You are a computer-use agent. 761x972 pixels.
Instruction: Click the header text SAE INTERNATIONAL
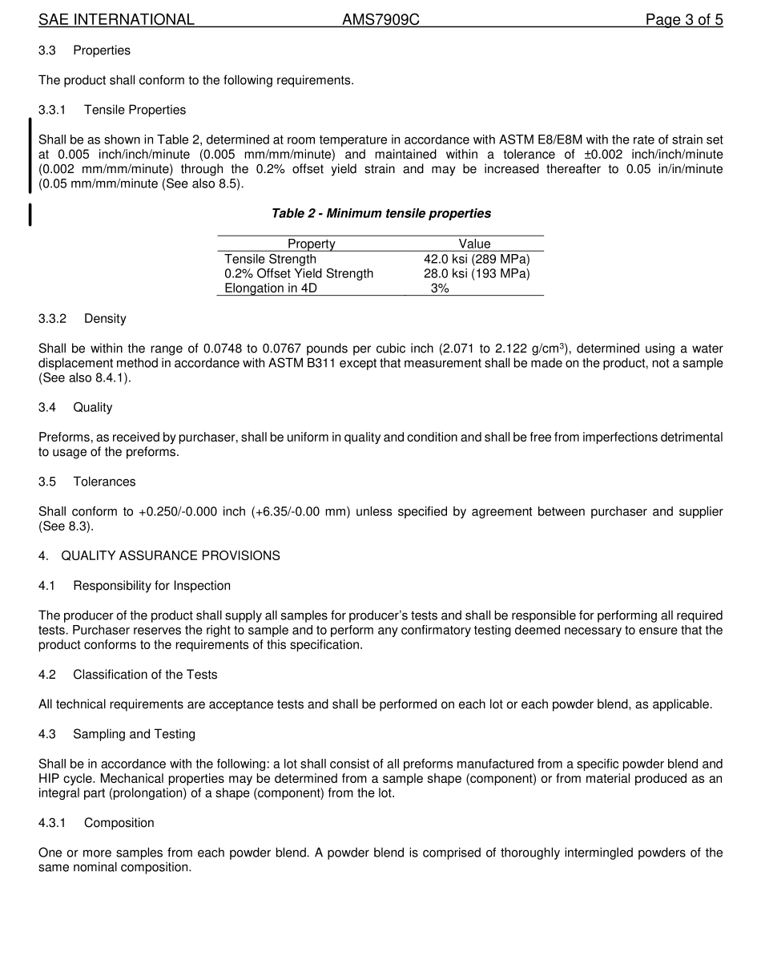click(x=116, y=20)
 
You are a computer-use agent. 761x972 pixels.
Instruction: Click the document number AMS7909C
click(x=380, y=20)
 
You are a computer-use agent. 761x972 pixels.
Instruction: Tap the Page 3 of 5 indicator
click(x=684, y=20)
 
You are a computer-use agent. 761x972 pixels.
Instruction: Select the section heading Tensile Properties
click(x=135, y=110)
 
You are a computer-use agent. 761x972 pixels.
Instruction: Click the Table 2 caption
click(x=381, y=213)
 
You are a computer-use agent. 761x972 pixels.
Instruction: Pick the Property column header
click(x=311, y=244)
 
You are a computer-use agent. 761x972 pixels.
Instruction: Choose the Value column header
click(x=474, y=244)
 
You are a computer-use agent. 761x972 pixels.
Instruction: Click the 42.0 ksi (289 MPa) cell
click(x=477, y=259)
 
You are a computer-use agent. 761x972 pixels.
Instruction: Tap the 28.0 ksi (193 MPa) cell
click(x=477, y=273)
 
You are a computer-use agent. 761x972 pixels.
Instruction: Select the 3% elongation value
click(x=440, y=288)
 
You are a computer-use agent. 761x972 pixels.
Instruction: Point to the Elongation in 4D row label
click(x=271, y=288)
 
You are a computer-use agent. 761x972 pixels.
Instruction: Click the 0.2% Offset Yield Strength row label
click(x=299, y=273)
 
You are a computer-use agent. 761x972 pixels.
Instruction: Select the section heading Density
click(x=105, y=318)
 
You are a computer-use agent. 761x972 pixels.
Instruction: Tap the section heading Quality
click(x=93, y=407)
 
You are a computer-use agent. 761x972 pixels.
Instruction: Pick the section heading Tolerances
click(x=104, y=482)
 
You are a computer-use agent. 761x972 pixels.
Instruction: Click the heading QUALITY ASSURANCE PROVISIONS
click(x=171, y=555)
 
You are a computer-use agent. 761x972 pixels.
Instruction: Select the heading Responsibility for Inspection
click(x=151, y=586)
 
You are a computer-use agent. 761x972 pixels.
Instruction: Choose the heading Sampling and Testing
click(x=134, y=734)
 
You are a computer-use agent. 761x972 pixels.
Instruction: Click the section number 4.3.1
click(x=52, y=823)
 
